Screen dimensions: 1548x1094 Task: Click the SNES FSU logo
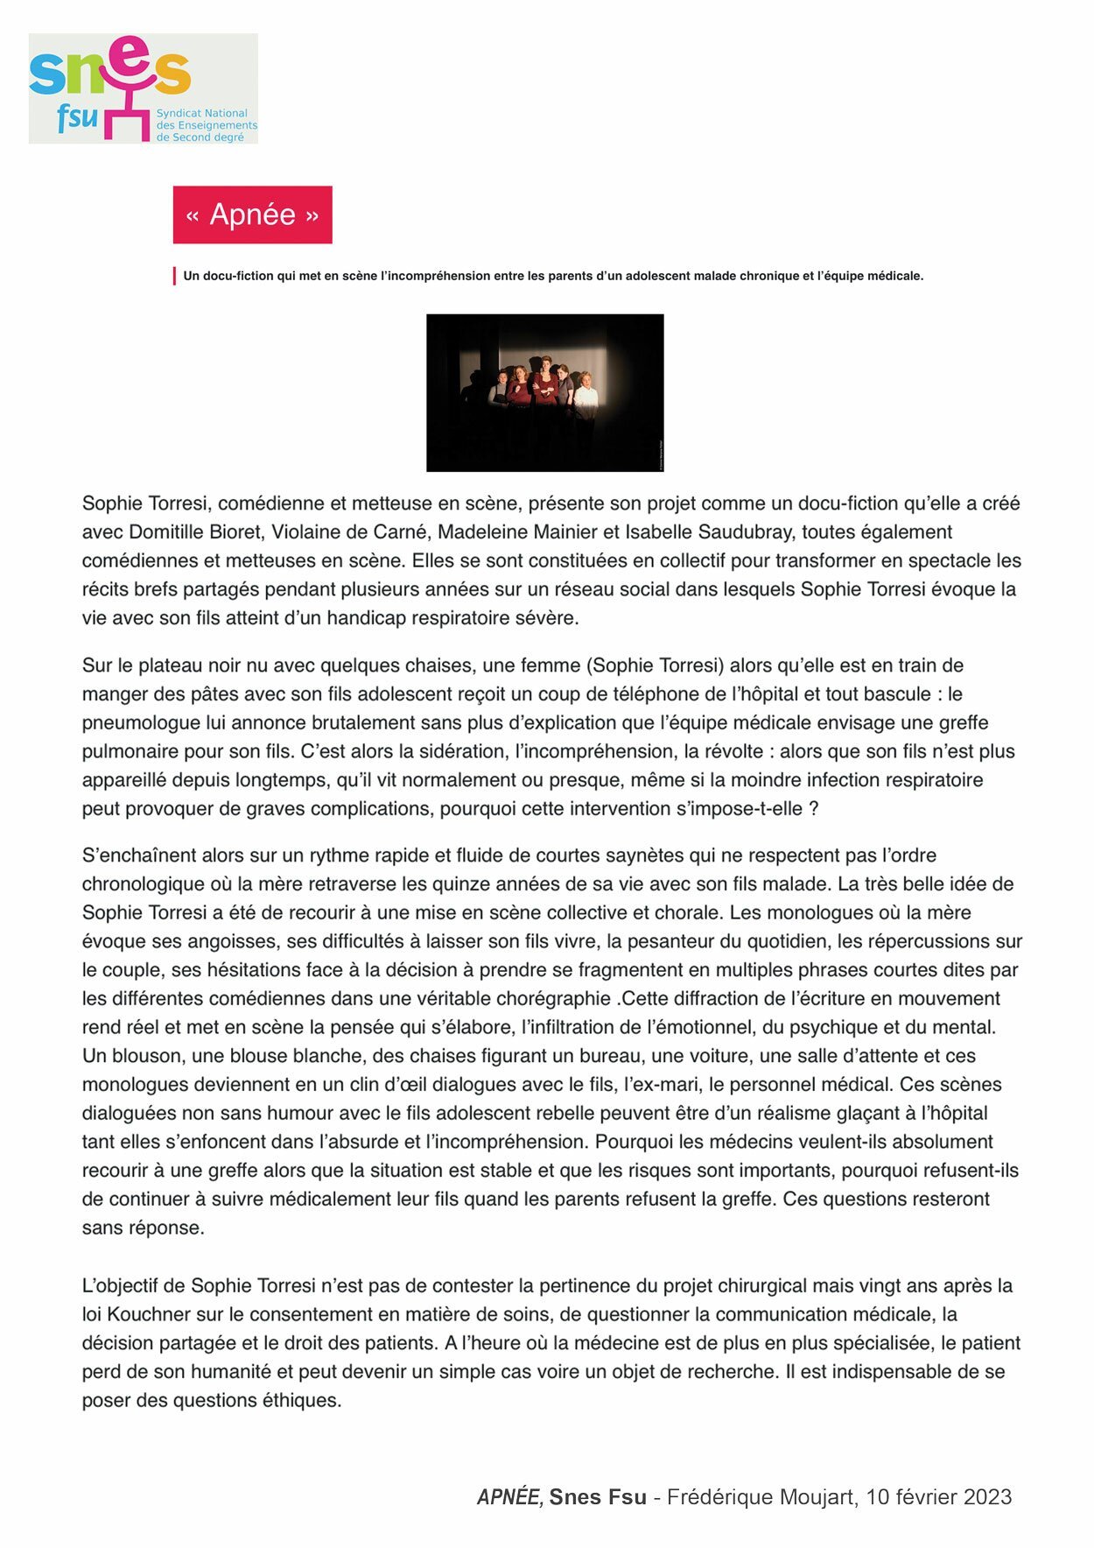(x=143, y=88)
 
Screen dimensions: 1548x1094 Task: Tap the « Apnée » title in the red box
(x=252, y=215)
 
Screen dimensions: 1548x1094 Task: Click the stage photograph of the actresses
(x=544, y=392)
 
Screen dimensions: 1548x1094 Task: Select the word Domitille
(x=168, y=532)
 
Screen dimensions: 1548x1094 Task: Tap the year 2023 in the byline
(x=987, y=1497)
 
